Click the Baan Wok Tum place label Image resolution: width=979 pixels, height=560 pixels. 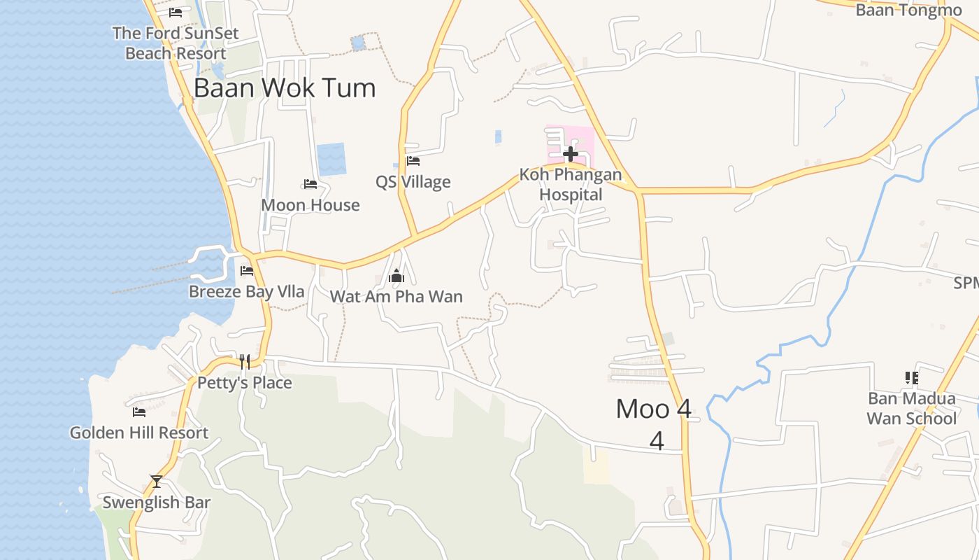(x=285, y=88)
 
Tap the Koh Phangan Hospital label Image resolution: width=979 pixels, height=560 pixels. (x=571, y=185)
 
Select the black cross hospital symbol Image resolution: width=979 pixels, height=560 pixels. (x=571, y=153)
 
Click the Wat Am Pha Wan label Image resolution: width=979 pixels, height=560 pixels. (x=396, y=296)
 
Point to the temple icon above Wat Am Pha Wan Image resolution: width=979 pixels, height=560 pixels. (x=396, y=276)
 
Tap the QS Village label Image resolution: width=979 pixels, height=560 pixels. (x=413, y=182)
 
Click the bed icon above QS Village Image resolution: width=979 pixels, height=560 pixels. (x=413, y=161)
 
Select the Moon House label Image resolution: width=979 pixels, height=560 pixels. (x=310, y=205)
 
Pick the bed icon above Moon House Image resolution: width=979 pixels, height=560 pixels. (x=310, y=184)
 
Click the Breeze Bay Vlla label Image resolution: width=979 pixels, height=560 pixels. (x=247, y=291)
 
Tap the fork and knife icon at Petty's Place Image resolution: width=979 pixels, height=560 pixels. (x=245, y=361)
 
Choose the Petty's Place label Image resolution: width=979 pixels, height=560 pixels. (x=245, y=383)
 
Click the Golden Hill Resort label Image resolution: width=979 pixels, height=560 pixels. (x=139, y=433)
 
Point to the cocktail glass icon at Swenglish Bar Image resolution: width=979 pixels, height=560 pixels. (x=157, y=482)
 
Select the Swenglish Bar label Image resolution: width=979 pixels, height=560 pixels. (x=157, y=503)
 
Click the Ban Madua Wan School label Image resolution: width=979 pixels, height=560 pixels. (x=911, y=408)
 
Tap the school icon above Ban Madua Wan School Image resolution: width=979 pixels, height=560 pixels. (x=911, y=378)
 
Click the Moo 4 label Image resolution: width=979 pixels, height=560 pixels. (x=654, y=409)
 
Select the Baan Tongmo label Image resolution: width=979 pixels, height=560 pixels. (x=908, y=10)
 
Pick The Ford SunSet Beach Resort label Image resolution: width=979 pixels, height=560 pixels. (x=176, y=43)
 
